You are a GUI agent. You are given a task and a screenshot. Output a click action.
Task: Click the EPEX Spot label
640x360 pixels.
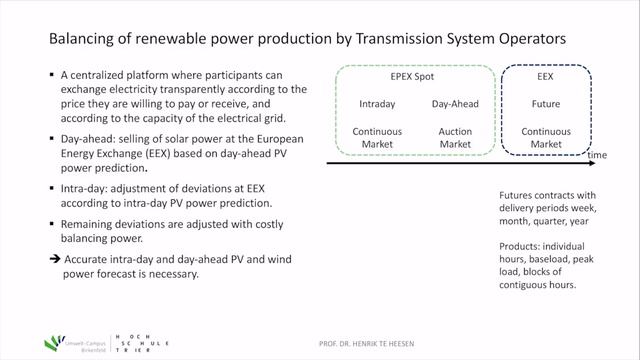412,74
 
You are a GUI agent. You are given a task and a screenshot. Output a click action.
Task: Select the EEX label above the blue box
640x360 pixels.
546,74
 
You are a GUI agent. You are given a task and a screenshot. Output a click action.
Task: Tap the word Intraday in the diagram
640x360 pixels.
379,103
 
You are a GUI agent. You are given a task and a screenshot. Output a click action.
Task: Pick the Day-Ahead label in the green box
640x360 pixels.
455,103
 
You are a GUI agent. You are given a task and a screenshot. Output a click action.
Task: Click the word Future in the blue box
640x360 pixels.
546,103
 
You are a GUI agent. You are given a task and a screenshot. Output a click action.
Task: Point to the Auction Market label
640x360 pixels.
455,138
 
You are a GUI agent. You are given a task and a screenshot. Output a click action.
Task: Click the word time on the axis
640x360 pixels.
597,156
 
